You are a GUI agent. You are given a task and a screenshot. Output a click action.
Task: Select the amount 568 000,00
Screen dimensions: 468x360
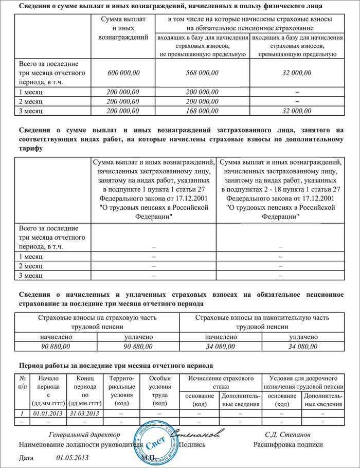coord(202,73)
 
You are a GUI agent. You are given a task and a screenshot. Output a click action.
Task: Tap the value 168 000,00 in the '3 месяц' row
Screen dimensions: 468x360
coord(202,111)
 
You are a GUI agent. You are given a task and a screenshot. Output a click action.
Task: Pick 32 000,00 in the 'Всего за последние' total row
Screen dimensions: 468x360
coord(297,73)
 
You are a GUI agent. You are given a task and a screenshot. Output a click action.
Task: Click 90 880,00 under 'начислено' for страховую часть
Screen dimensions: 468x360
coord(56,347)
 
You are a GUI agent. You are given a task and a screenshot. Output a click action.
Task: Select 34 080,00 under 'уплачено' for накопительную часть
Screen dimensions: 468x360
coord(303,347)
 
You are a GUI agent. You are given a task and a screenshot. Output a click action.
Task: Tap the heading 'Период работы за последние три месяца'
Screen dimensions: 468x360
coord(115,366)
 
